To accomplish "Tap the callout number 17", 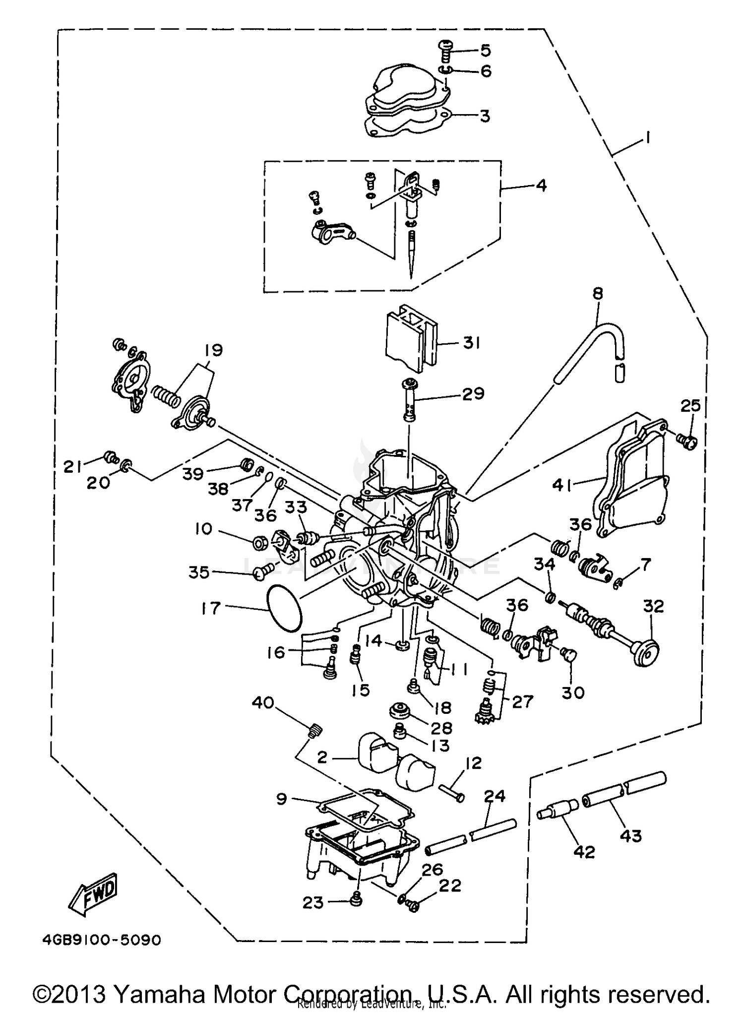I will (210, 608).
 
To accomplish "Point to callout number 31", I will (471, 343).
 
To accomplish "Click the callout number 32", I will (653, 606).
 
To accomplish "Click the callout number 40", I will (263, 702).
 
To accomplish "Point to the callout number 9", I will (281, 799).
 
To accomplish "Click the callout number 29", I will (473, 393).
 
